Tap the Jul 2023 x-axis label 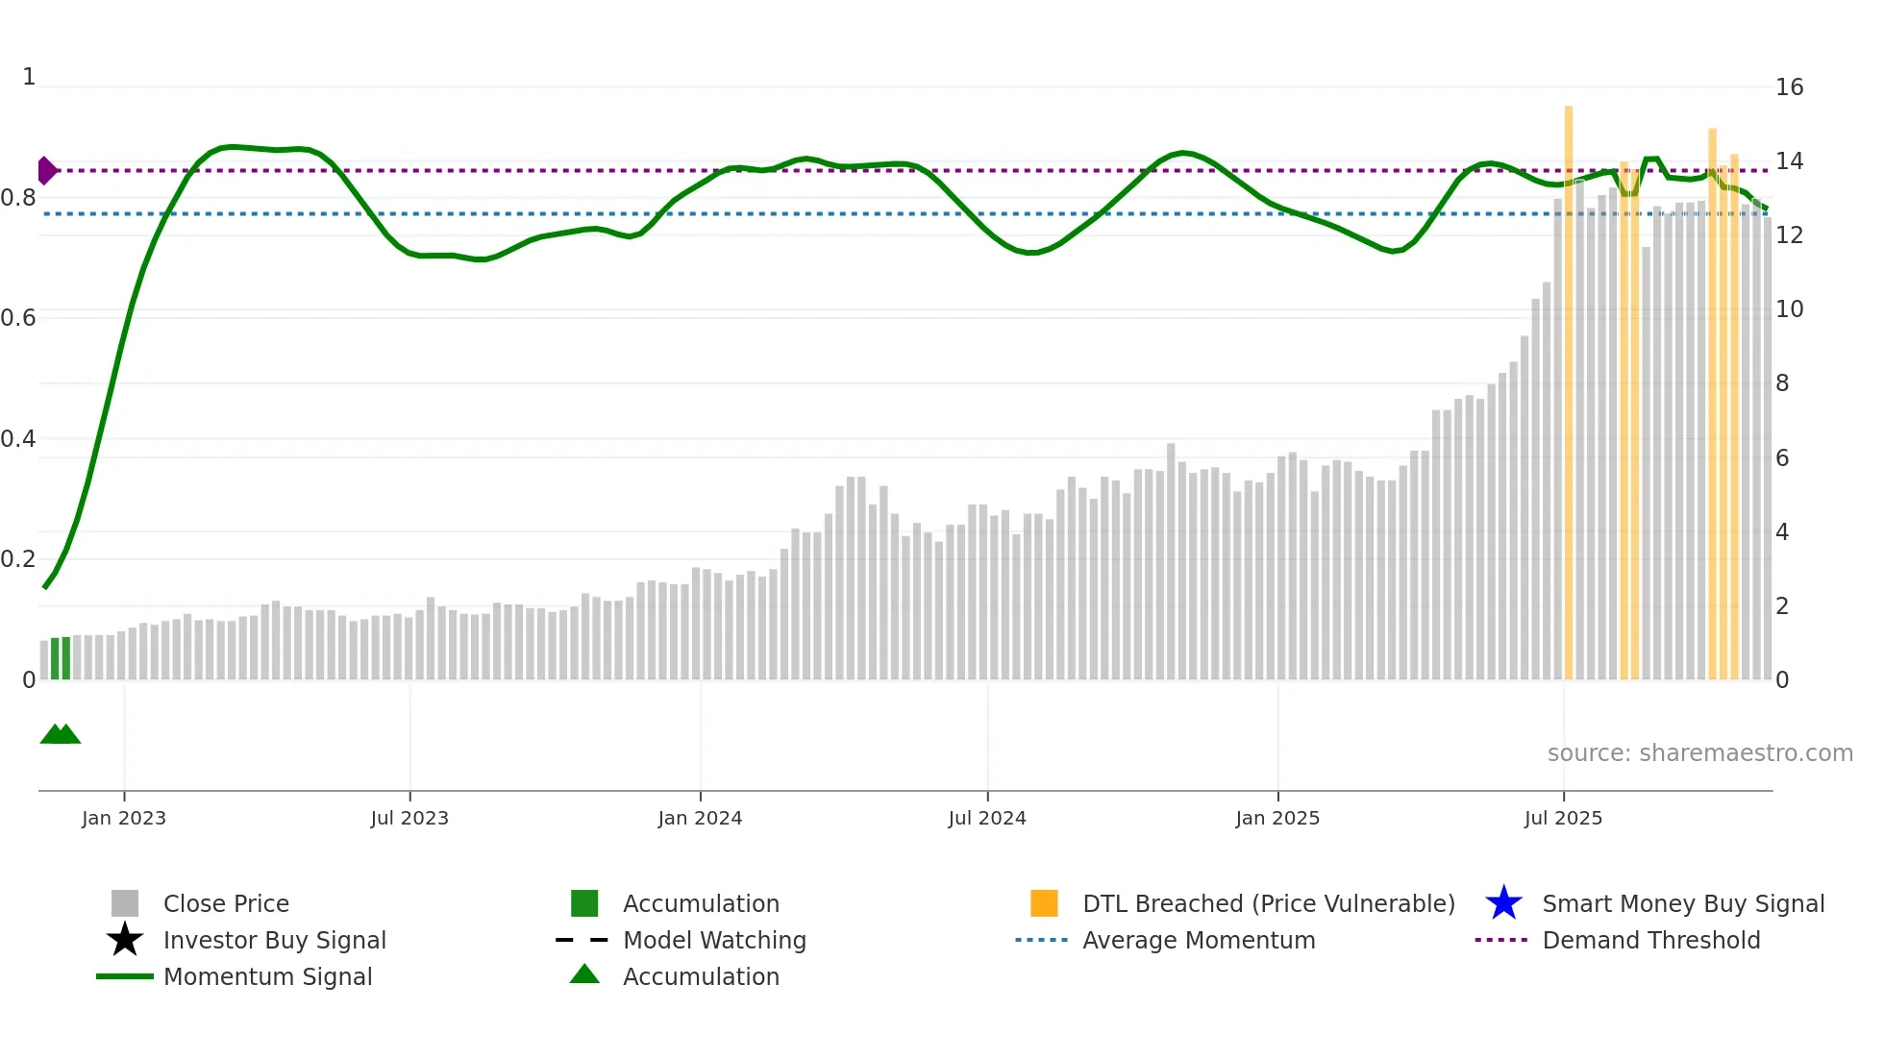tap(409, 818)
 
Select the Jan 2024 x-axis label tap(700, 818)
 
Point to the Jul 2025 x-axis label tap(1563, 818)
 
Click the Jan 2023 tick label tap(124, 818)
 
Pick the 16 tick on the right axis tap(1789, 87)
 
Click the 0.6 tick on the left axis tap(18, 318)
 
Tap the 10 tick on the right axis tap(1789, 309)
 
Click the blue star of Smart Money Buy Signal tap(1503, 903)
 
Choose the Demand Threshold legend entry tap(1650, 940)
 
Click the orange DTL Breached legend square tap(1044, 903)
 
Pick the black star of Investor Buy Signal tap(125, 940)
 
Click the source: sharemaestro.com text tap(1699, 753)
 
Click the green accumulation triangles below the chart tap(61, 735)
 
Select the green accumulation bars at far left tap(61, 659)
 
